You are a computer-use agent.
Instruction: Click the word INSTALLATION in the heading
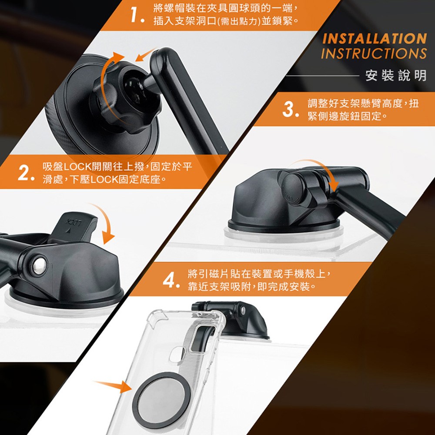click(x=374, y=39)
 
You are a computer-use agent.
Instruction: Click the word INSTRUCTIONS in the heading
click(x=374, y=54)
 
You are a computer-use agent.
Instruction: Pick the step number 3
click(x=290, y=109)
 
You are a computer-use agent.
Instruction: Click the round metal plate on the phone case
click(x=161, y=398)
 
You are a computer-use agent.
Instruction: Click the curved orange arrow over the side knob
click(x=319, y=170)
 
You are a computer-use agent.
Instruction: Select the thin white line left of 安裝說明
click(x=322, y=75)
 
